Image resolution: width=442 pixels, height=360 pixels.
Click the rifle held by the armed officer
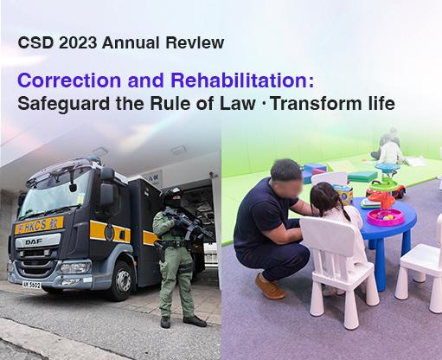[185, 228]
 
